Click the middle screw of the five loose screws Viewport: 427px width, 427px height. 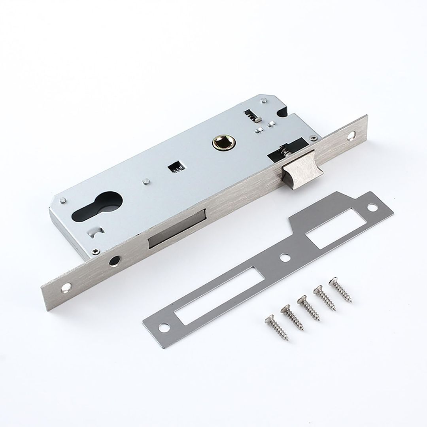pos(308,308)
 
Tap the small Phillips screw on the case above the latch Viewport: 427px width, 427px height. pos(313,137)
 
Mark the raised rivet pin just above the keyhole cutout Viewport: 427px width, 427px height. pos(146,181)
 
